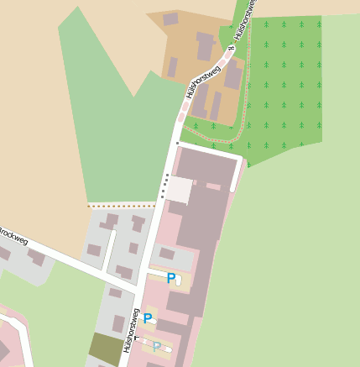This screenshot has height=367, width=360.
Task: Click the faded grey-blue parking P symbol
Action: [156, 346]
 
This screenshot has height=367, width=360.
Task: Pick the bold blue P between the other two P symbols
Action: [148, 318]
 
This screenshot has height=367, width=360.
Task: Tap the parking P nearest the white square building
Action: [171, 278]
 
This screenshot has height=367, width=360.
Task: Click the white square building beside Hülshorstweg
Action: [179, 189]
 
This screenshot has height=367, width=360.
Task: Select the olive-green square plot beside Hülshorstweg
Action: [104, 348]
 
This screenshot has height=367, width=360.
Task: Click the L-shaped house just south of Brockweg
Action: [37, 256]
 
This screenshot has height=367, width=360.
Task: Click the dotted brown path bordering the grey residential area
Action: [122, 204]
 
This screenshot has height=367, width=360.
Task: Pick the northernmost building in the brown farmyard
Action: [170, 18]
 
